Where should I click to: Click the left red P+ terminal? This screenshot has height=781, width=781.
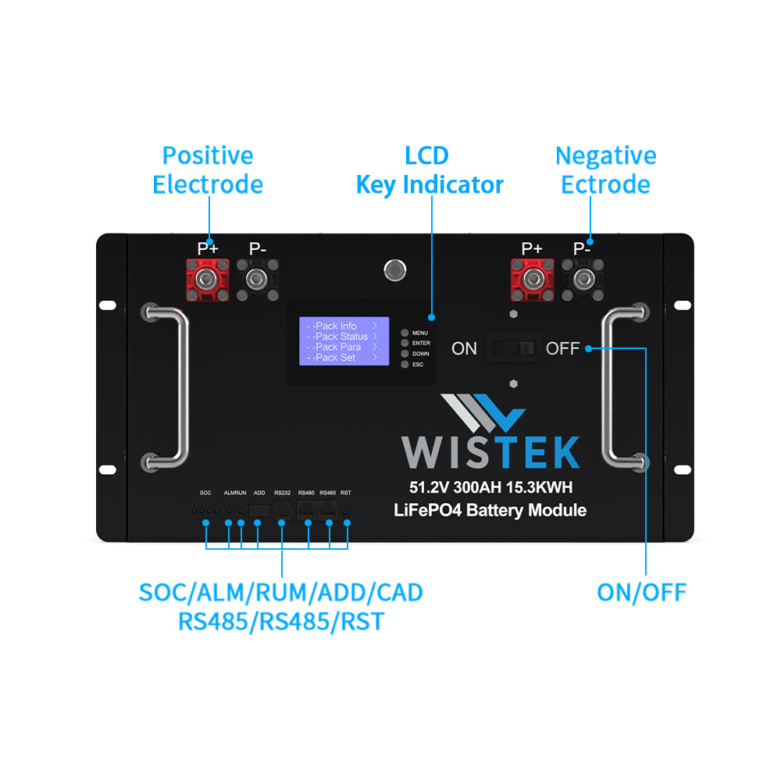(207, 280)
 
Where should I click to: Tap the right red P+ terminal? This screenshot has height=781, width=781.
(532, 280)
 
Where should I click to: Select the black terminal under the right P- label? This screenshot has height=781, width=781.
(582, 280)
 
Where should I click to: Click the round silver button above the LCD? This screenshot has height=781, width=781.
(395, 270)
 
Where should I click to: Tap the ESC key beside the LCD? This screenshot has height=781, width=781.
(405, 365)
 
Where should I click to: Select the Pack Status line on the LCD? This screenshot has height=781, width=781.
(342, 337)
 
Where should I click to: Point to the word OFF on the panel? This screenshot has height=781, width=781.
(562, 348)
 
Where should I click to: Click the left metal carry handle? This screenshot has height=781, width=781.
(177, 387)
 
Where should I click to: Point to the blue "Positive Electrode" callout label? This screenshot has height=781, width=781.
(208, 170)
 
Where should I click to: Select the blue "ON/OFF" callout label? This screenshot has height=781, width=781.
(641, 592)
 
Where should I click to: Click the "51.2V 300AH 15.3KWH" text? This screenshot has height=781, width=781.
(490, 488)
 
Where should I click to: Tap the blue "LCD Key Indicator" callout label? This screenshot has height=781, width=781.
(429, 170)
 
